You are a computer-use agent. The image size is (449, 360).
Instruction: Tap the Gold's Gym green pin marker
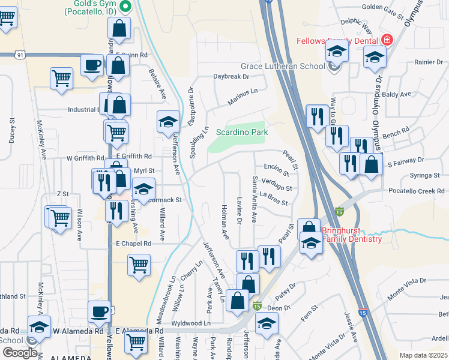[x=125, y=7]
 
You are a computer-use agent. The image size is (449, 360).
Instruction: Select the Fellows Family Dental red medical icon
[x=387, y=41]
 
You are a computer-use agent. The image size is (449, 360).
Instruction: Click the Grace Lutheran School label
[x=283, y=66]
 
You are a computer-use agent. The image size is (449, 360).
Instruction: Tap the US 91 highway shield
[x=21, y=55]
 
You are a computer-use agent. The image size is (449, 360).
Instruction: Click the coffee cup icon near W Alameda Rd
[x=100, y=311]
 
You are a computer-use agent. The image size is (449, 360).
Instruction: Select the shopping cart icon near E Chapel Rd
[x=139, y=264]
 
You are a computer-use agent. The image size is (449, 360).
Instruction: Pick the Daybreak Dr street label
[x=231, y=77]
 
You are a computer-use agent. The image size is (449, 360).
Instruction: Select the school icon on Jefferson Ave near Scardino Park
[x=168, y=122]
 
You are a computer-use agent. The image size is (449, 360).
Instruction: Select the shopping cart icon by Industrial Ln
[x=61, y=77]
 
